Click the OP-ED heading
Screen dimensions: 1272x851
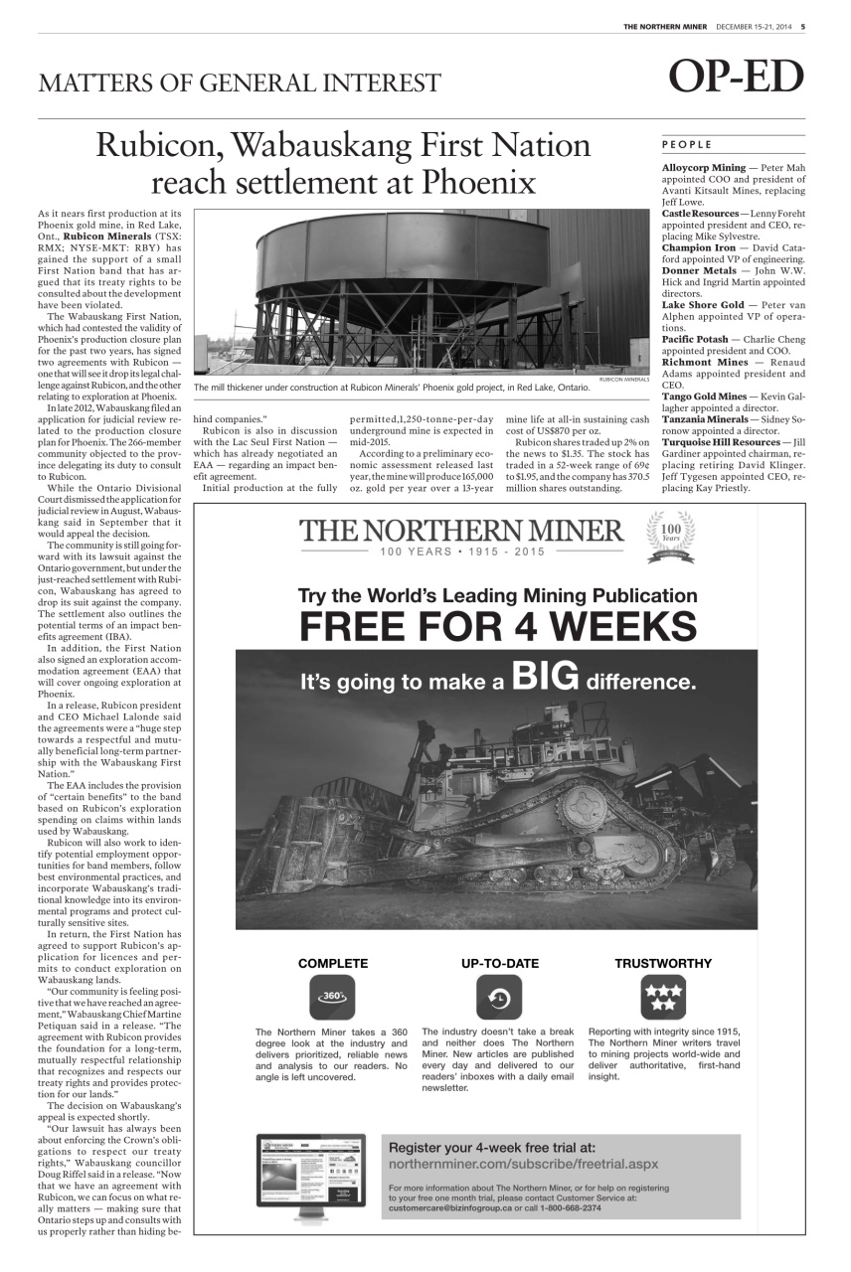736,79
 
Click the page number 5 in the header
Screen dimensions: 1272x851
802,26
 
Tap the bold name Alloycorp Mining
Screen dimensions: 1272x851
703,168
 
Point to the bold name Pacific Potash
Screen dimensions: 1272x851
695,339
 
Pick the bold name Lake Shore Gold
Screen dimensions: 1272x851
703,304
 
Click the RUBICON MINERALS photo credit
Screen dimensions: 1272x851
623,380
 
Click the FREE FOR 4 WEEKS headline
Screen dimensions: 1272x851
498,627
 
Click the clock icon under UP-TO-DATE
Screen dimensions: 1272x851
499,997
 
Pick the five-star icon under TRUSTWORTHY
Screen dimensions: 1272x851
663,997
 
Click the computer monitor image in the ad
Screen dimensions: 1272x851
311,1178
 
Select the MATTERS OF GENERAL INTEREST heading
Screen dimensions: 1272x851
240,82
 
